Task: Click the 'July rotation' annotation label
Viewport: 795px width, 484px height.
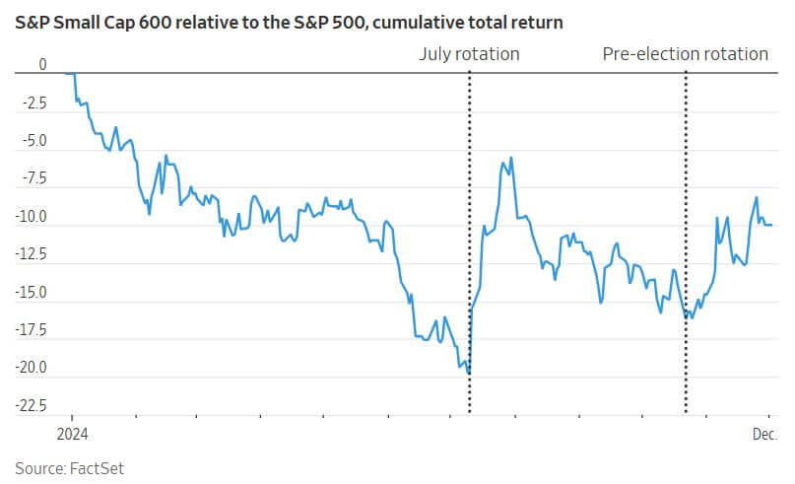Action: (470, 54)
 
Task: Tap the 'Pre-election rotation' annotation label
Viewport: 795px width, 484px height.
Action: (685, 54)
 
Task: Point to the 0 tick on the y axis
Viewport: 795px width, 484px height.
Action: (42, 64)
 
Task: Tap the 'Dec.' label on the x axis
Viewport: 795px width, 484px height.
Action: (766, 434)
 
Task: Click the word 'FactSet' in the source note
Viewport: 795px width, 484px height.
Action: (97, 467)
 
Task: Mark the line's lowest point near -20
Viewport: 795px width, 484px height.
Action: (468, 373)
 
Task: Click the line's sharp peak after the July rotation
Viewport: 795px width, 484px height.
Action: (504, 158)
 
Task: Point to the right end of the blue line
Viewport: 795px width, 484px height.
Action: (771, 225)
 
